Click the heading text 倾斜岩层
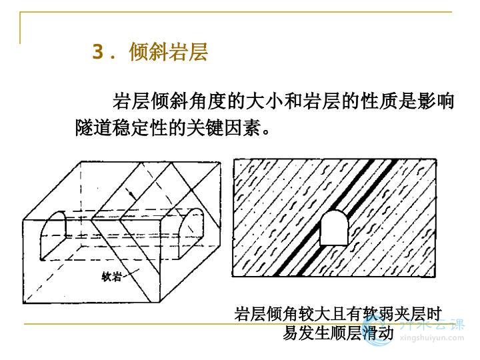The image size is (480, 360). (169, 52)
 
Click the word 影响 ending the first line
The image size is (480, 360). (441, 102)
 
